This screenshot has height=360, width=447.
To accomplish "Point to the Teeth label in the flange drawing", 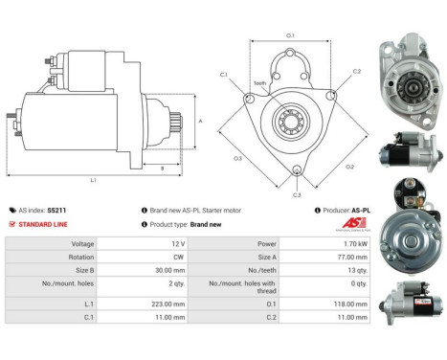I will [260, 82].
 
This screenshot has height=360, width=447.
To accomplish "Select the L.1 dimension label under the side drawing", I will [94, 179].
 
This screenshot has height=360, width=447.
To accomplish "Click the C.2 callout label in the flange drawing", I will [356, 72].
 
